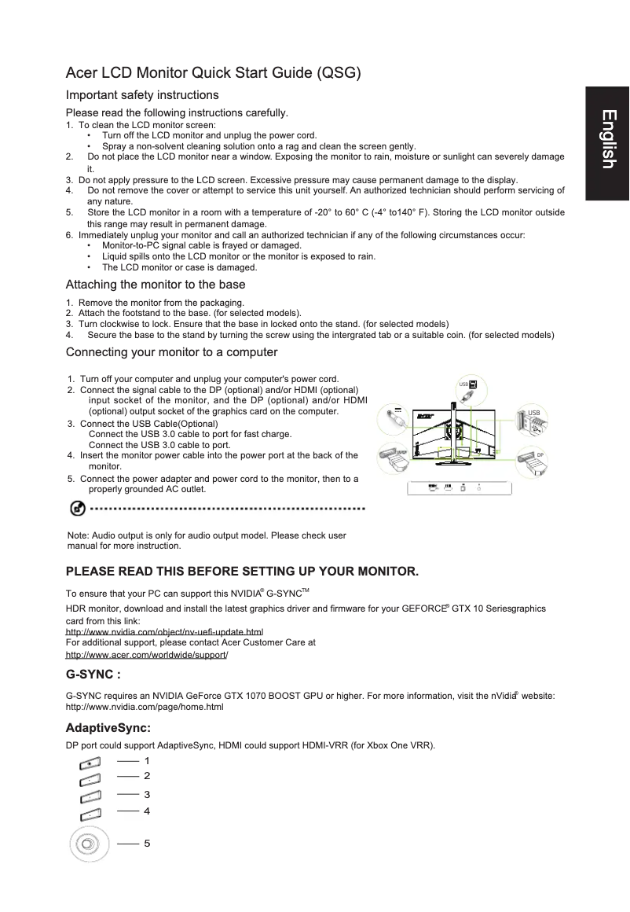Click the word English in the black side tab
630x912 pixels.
point(606,139)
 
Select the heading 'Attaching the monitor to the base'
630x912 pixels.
point(156,285)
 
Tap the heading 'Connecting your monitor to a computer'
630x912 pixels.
point(172,351)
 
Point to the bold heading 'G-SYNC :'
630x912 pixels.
point(93,675)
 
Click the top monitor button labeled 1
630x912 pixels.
point(90,763)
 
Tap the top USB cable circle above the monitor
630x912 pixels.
point(466,388)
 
